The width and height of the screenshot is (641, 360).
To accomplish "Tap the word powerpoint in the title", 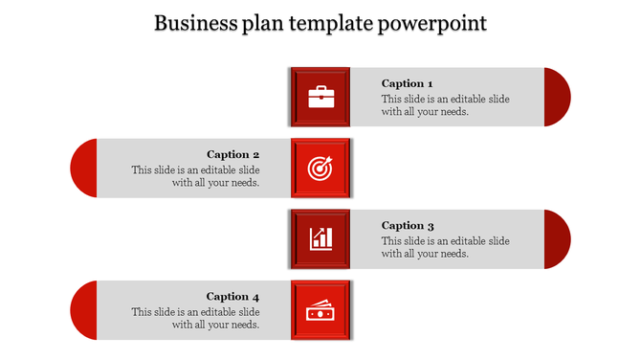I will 431,22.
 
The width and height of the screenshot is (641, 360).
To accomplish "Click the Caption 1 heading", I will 408,83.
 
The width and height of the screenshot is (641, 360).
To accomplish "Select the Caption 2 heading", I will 233,154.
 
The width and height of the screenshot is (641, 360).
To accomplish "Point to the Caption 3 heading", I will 408,226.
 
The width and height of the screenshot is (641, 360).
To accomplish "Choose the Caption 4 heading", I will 233,297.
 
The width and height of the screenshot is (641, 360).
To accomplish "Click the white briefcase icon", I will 320,97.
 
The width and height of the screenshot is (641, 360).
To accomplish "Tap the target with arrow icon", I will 320,168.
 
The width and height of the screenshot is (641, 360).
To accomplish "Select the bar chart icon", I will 320,238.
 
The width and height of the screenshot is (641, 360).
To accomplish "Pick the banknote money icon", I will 320,310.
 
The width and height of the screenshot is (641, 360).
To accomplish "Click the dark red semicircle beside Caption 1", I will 557,97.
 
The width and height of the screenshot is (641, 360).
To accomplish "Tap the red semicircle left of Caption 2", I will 83,168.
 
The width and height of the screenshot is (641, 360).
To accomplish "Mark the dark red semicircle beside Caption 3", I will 557,238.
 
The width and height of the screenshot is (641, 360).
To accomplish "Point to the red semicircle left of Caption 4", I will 83,310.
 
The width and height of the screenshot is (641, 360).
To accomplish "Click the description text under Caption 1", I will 445,105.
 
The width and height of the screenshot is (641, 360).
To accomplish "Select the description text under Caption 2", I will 196,176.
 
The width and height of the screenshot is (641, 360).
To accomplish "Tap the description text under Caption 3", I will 445,247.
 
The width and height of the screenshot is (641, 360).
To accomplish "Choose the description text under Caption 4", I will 196,318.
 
